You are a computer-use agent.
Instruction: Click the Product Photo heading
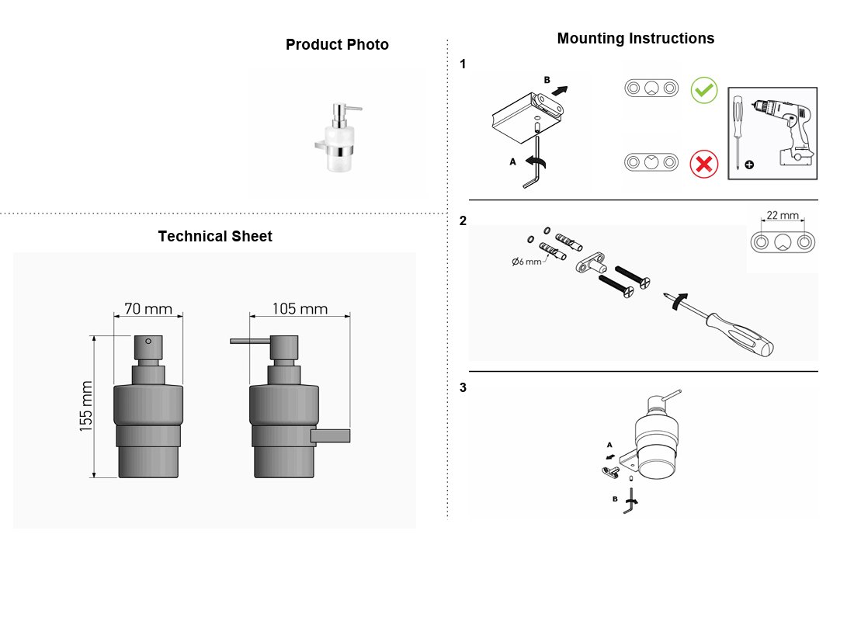337,45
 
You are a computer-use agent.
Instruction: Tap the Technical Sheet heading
215,237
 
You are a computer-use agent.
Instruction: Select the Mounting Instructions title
636,38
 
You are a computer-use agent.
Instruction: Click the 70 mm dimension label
148,309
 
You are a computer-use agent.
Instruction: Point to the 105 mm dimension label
300,309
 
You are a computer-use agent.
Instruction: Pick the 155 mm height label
86,407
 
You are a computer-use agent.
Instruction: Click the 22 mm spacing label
783,215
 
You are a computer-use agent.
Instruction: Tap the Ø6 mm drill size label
526,262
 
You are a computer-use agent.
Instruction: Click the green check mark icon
704,90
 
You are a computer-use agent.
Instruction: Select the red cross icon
703,164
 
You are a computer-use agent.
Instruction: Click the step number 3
463,388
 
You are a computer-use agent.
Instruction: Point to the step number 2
463,220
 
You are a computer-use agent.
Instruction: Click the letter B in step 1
547,80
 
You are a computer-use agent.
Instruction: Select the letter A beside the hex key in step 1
512,161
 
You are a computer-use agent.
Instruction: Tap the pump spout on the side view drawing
250,342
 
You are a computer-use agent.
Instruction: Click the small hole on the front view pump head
148,341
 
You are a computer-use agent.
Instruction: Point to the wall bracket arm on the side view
331,435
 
